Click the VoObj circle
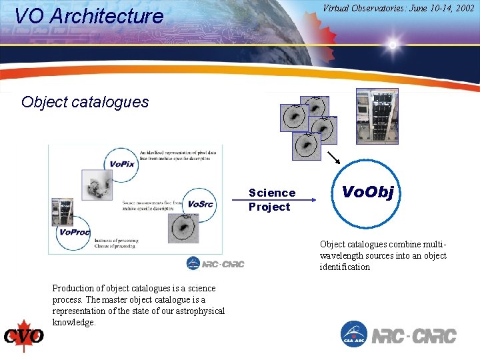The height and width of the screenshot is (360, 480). pos(367,193)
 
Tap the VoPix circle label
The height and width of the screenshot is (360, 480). pos(121,163)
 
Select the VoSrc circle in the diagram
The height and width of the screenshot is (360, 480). pos(199,203)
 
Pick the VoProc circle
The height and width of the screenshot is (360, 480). pos(73,231)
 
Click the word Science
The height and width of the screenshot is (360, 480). pos(271,193)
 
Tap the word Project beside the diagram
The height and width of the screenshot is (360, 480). pos(269,207)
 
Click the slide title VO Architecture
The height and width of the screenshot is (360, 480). pos(89,16)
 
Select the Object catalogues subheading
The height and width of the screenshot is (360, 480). pos(85,102)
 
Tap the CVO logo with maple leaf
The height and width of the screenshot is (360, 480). pos(24,335)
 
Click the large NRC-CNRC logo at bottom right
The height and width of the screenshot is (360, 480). pos(413,335)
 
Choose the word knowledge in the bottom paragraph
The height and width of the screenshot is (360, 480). pos(74,323)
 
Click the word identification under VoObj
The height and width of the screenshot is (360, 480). pos(344,267)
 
